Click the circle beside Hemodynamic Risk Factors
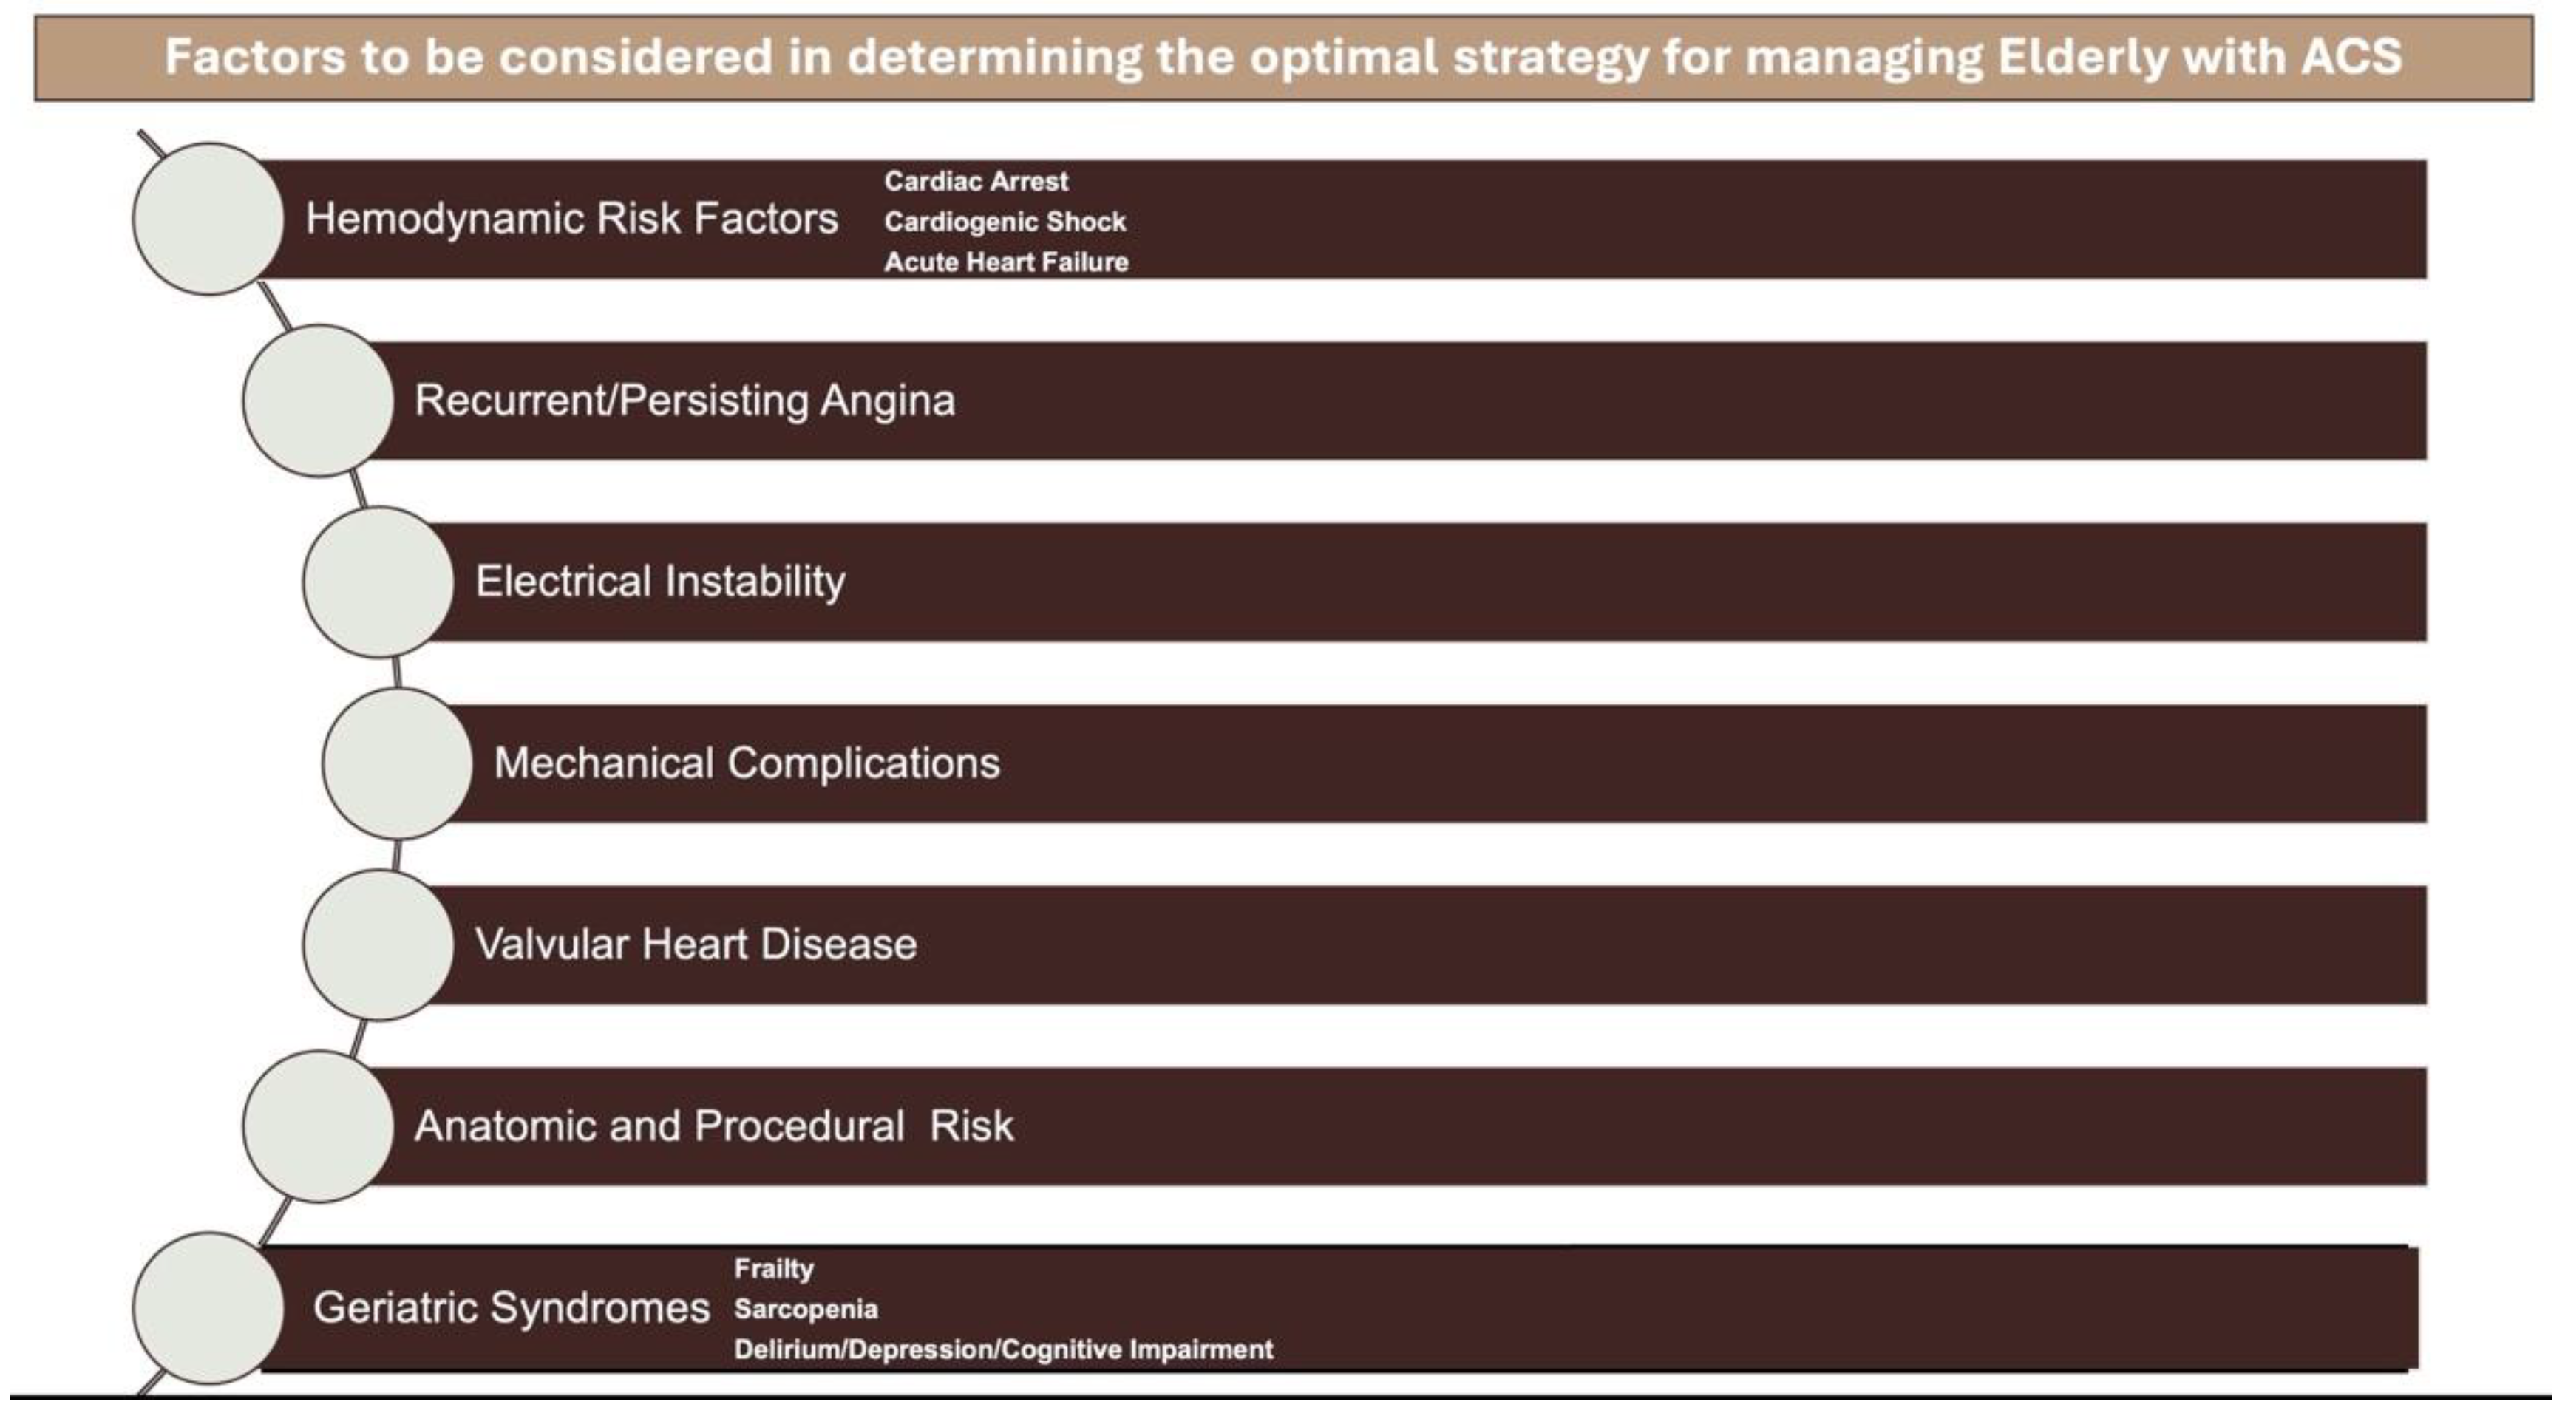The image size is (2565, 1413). pos(208,218)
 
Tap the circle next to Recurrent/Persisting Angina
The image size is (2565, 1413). pos(318,401)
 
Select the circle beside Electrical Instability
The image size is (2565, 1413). pos(378,582)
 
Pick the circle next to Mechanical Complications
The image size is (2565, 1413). pos(397,763)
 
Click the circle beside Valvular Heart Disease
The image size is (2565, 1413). pos(378,944)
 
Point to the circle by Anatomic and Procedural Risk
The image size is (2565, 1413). pos(318,1126)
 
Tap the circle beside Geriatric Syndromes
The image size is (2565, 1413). pos(208,1307)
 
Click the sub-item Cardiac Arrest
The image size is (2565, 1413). pos(976,181)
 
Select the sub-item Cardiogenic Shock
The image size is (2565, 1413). pos(1005,221)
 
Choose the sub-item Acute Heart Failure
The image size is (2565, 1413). pos(1006,262)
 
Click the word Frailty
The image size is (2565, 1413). pos(774,1270)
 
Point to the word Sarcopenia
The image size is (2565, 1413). pos(806,1310)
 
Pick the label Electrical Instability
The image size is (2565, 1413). pos(660,582)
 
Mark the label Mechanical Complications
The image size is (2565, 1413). pos(747,763)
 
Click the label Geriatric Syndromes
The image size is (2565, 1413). pos(512,1307)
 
